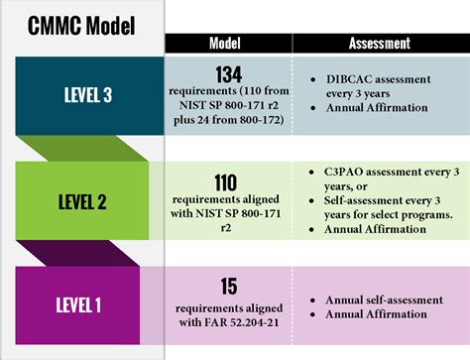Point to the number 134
pyautogui.click(x=226, y=73)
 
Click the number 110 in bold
pyautogui.click(x=225, y=181)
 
